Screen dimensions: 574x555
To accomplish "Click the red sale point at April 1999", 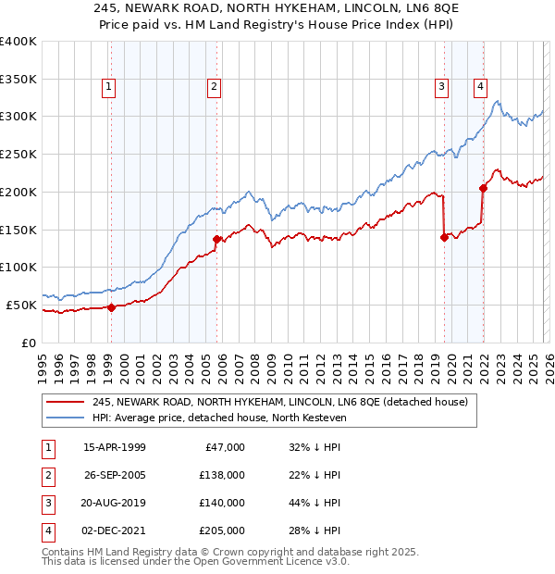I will tap(111, 307).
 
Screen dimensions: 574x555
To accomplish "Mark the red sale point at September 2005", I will tap(217, 239).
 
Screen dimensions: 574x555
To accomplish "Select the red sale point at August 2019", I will tap(444, 237).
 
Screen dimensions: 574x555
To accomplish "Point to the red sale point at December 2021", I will tap(483, 188).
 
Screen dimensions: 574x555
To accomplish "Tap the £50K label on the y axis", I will tap(22, 305).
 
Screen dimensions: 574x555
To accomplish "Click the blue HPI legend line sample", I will tap(66, 418).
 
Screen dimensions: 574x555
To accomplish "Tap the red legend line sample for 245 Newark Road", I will tap(66, 402).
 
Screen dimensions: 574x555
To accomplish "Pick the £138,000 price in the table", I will tap(223, 475).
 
